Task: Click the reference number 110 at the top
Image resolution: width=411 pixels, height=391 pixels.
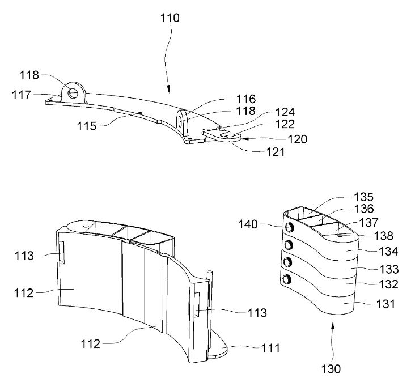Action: pyautogui.click(x=170, y=18)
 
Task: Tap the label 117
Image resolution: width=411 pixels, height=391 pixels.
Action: pyautogui.click(x=22, y=95)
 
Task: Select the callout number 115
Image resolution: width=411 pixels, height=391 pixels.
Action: pyautogui.click(x=87, y=126)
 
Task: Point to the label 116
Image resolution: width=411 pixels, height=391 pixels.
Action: pyautogui.click(x=246, y=99)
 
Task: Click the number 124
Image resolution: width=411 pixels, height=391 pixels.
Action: pyautogui.click(x=285, y=112)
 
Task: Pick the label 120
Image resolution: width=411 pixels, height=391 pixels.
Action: pyautogui.click(x=298, y=139)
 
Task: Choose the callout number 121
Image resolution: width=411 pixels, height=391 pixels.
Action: pyautogui.click(x=276, y=152)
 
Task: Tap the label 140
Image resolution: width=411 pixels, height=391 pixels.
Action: pyautogui.click(x=248, y=224)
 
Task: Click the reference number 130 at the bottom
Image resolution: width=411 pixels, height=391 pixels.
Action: pyautogui.click(x=331, y=369)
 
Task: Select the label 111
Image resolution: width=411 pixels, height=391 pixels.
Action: pyautogui.click(x=271, y=348)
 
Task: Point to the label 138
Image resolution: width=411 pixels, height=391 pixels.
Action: pyautogui.click(x=384, y=236)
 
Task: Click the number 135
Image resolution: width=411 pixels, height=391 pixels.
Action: pyautogui.click(x=364, y=197)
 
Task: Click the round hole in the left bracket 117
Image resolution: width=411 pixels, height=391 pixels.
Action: pyautogui.click(x=73, y=92)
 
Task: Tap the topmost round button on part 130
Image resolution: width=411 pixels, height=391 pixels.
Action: pyautogui.click(x=289, y=227)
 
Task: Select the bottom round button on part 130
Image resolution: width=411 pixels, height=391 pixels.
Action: pyautogui.click(x=286, y=279)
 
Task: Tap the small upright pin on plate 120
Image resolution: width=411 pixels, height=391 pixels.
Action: pyautogui.click(x=218, y=127)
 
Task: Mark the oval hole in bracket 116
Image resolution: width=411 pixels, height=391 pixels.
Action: pyautogui.click(x=180, y=121)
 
